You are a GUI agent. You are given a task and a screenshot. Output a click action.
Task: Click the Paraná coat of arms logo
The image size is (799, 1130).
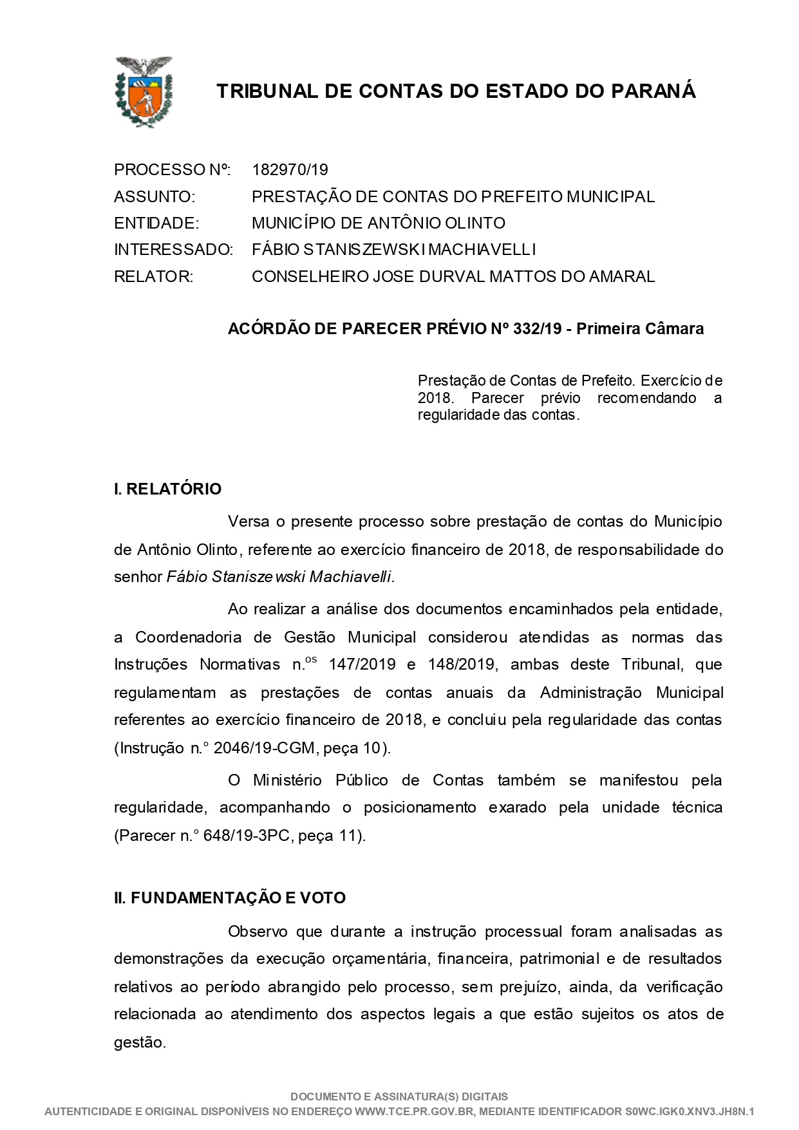point(143,91)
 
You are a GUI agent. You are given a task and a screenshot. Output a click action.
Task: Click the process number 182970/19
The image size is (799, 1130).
point(290,170)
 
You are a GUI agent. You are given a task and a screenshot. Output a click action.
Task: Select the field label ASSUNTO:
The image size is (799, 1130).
point(155,196)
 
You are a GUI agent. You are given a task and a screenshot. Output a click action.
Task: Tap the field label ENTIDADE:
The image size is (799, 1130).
point(156,223)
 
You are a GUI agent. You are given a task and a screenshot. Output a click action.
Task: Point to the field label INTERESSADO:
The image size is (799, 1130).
point(173,250)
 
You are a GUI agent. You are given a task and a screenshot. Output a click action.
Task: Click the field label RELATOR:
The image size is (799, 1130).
point(153,277)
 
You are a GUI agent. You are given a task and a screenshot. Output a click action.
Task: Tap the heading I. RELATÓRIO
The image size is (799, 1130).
point(167,489)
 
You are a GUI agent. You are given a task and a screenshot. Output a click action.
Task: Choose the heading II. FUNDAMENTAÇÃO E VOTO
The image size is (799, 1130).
point(230,898)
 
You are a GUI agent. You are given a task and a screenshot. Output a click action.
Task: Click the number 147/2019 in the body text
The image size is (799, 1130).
point(362,664)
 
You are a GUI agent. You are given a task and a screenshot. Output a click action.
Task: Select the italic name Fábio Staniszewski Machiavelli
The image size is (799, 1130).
point(279,577)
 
